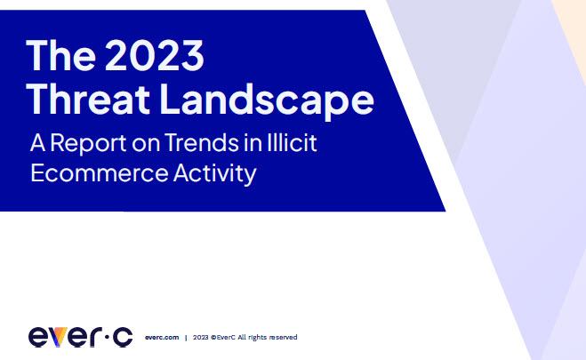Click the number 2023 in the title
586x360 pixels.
click(155, 55)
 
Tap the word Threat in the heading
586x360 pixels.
click(88, 99)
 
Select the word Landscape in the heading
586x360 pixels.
click(267, 100)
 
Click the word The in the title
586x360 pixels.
click(61, 55)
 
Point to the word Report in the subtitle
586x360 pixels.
click(89, 144)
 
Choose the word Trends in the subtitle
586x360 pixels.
click(202, 142)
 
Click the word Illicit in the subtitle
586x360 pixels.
click(293, 142)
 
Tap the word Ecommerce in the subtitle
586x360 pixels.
click(100, 173)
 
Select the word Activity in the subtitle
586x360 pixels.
click(215, 174)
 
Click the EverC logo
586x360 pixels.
click(80, 337)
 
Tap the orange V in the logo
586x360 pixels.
click(59, 337)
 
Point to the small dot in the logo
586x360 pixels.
click(107, 337)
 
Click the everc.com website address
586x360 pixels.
click(162, 337)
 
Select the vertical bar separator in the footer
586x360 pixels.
click(186, 338)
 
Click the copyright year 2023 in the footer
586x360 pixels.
click(201, 337)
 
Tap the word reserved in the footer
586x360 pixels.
click(284, 337)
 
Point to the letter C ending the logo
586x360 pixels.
click(123, 337)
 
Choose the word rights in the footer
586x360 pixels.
click(258, 338)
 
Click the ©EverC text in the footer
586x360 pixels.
click(223, 337)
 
